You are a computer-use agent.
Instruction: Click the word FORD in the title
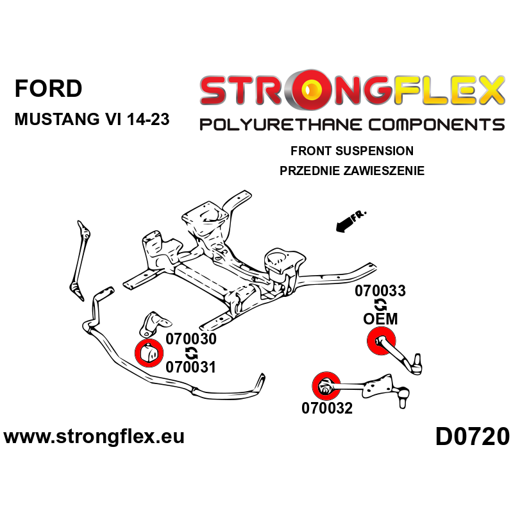coord(48,88)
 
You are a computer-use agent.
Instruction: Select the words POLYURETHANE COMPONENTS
coord(351,124)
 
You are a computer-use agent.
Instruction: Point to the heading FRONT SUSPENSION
coord(351,151)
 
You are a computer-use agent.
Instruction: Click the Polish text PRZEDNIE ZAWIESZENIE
coord(352,171)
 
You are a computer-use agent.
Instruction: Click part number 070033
coord(380,292)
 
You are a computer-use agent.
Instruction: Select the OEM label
coord(380,319)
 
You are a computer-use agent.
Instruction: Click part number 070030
coord(191,339)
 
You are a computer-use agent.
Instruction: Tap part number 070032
coord(327,408)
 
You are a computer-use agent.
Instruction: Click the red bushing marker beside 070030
coord(148,352)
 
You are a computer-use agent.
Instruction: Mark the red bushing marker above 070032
coord(324,386)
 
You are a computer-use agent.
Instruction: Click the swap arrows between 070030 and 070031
coord(191,353)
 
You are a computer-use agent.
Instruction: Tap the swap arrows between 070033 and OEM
coord(380,305)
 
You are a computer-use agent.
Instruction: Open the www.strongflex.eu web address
coord(94,437)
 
